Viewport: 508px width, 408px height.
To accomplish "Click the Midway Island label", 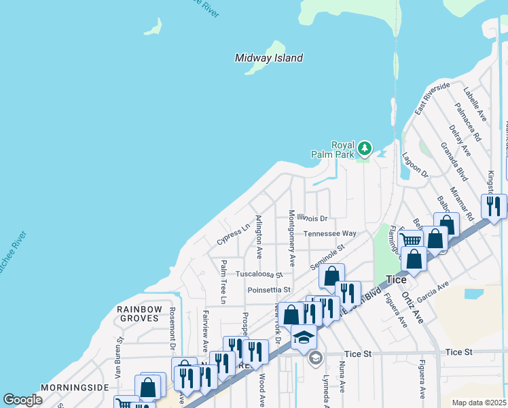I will tap(268, 58).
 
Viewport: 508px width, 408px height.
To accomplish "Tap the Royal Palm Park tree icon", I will tap(365, 148).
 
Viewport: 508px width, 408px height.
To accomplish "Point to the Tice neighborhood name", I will tap(396, 279).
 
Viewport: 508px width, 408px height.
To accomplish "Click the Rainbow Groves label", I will tap(140, 314).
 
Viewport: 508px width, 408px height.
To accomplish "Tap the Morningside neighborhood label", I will tap(75, 388).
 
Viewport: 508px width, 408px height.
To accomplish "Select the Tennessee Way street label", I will tap(329, 233).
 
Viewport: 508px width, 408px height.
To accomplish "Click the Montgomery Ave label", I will tap(292, 238).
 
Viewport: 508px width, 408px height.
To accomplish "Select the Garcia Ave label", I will tap(435, 289).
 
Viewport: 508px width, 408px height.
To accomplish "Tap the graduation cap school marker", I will tap(304, 337).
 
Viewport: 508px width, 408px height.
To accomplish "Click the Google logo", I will tap(22, 400).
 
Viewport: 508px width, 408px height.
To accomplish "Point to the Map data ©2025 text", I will tap(478, 403).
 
